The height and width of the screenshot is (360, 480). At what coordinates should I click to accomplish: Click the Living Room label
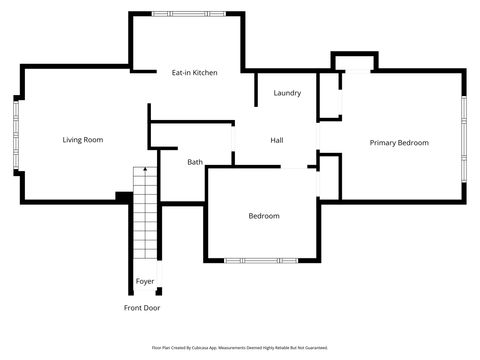83,140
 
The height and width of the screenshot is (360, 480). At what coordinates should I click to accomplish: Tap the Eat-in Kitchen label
194,73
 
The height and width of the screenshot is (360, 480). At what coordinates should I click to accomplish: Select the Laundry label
287,93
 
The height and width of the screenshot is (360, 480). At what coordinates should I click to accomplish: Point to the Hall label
277,140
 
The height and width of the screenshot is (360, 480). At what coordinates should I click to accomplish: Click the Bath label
195,162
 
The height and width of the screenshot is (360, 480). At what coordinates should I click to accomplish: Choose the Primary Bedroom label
399,143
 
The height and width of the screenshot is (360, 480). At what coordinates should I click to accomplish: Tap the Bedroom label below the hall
264,216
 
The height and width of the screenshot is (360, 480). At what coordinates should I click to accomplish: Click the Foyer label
145,282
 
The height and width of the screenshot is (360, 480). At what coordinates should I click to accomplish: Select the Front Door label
142,308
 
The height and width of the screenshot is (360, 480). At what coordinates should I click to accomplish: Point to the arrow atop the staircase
145,172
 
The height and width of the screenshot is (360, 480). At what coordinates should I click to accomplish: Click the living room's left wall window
16,135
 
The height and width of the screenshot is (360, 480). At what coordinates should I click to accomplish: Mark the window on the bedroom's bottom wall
260,261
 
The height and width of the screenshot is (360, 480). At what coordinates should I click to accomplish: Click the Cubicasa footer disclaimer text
240,348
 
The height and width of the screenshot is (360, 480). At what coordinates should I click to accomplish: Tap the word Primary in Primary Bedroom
383,143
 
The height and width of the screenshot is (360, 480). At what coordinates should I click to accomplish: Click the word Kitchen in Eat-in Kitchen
205,73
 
